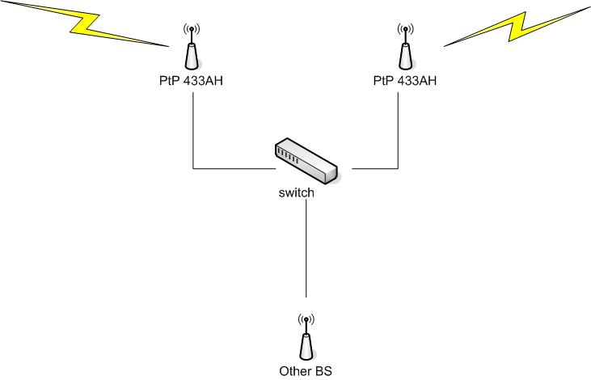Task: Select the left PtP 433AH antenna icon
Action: coord(191,53)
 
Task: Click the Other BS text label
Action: coord(306,372)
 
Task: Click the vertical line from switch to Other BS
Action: coord(306,251)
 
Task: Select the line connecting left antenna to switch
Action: coord(193,137)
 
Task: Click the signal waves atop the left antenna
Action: coord(191,31)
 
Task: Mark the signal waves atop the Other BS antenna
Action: coord(306,319)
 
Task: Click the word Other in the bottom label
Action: coord(295,372)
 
